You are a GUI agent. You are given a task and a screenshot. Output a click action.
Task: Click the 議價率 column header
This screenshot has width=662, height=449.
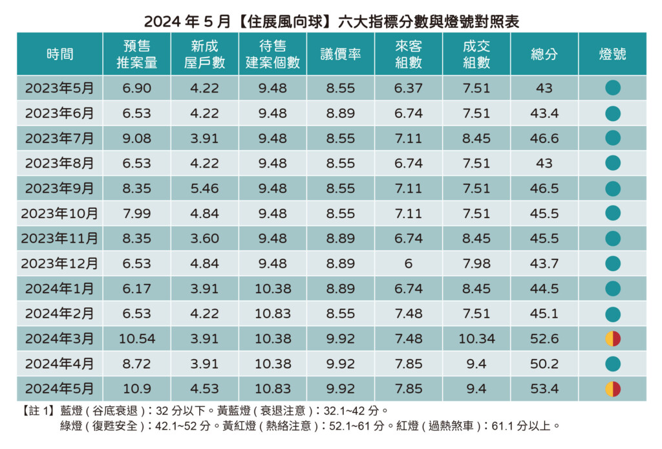point(341,54)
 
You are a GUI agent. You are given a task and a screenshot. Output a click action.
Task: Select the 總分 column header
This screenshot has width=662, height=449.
point(544,54)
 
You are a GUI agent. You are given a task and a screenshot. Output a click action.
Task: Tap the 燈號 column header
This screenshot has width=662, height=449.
point(612,54)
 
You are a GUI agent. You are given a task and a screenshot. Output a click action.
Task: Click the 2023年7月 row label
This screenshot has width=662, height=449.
point(59,138)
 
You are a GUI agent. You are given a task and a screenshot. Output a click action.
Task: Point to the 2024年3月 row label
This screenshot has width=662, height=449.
point(59,338)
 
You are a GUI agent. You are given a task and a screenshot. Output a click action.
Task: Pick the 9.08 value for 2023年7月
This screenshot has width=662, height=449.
point(136,138)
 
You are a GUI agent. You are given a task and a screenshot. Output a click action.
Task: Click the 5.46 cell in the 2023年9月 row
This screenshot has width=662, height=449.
point(204,188)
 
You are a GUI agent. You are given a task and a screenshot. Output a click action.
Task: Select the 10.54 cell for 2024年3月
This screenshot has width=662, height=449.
point(136,338)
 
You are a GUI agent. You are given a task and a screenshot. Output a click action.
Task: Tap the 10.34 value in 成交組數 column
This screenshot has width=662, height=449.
point(476,338)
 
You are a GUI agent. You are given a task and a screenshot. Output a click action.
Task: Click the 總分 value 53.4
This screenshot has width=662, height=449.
point(544,389)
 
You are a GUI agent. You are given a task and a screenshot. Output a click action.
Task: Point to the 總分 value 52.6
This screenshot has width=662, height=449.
point(544,338)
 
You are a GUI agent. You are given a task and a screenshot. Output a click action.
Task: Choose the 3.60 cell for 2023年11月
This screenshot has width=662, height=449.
point(204,239)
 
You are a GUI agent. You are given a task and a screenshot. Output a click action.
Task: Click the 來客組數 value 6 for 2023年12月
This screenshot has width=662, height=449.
point(409,263)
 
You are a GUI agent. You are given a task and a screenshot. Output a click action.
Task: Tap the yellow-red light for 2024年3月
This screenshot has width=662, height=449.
point(612,338)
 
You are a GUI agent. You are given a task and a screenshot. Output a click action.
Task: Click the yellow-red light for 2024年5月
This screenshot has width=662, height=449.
point(612,389)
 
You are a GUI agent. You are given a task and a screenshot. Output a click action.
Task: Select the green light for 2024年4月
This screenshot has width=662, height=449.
point(612,364)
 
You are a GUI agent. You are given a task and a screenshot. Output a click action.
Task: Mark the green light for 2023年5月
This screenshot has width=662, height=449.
point(612,88)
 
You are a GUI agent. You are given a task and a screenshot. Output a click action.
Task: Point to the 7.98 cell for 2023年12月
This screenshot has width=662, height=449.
point(476,263)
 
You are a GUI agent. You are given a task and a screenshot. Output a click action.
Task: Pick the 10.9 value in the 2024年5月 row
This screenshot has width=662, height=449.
point(136,389)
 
